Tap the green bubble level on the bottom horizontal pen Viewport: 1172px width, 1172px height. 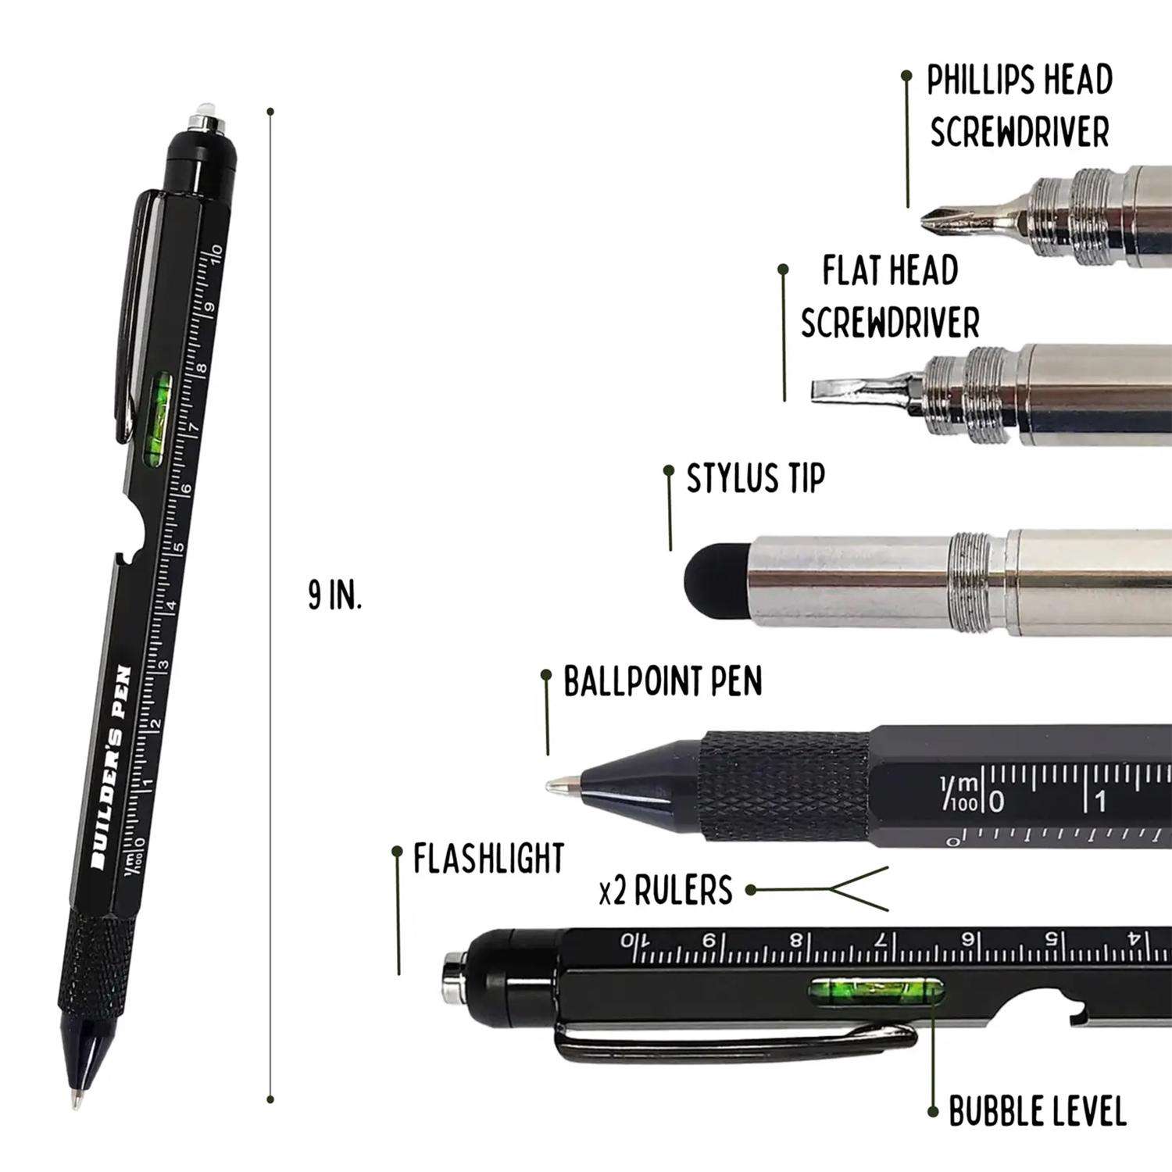[x=875, y=992]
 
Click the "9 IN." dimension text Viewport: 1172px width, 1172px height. [x=334, y=597]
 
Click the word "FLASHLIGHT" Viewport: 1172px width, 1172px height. [x=488, y=858]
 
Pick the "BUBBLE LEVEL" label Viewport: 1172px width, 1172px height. [x=1037, y=1111]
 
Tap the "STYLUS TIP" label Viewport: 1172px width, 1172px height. [x=756, y=478]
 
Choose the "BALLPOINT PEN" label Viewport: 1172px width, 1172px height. [x=663, y=681]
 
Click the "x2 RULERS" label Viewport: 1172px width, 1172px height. [x=666, y=891]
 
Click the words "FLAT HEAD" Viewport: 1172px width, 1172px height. [x=890, y=271]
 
